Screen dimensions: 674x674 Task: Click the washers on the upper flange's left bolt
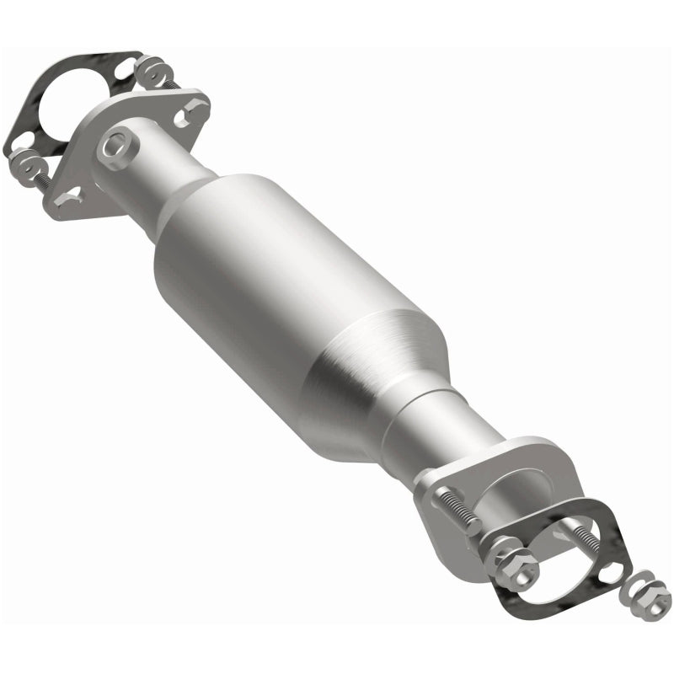(x=25, y=160)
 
